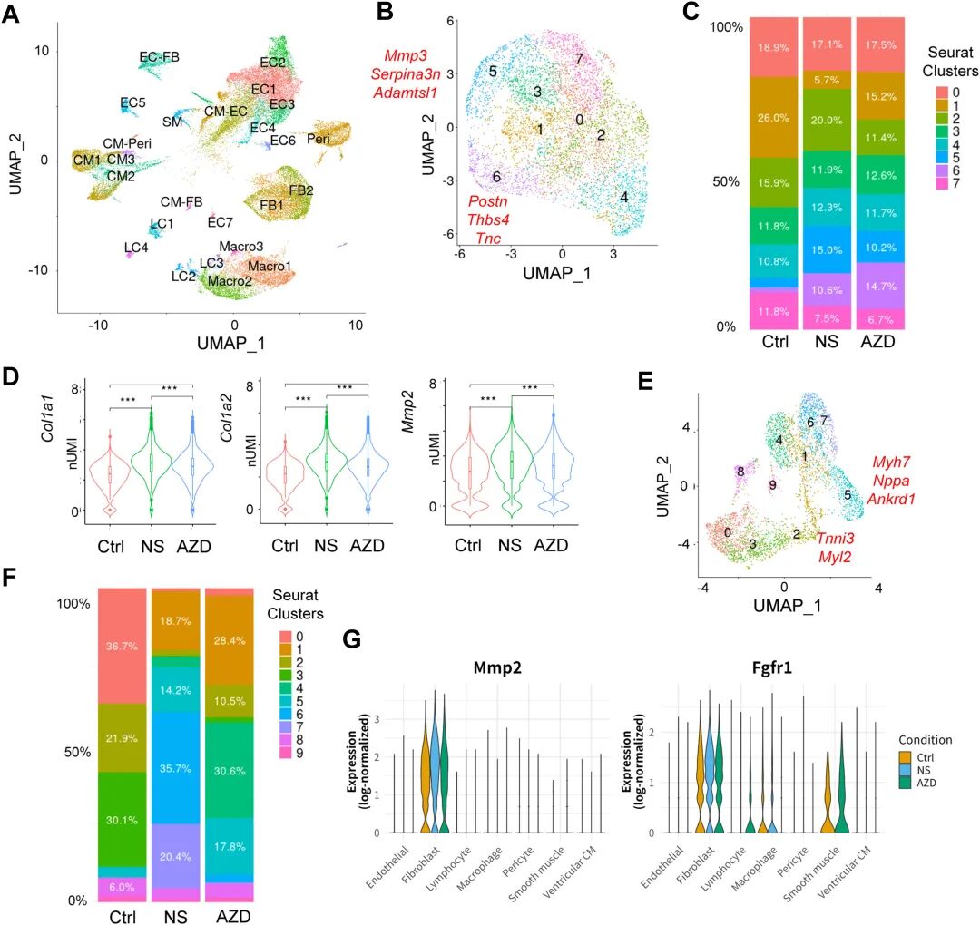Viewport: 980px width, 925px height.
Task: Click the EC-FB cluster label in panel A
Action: click(x=160, y=57)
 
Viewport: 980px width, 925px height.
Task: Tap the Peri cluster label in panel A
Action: click(x=318, y=139)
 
